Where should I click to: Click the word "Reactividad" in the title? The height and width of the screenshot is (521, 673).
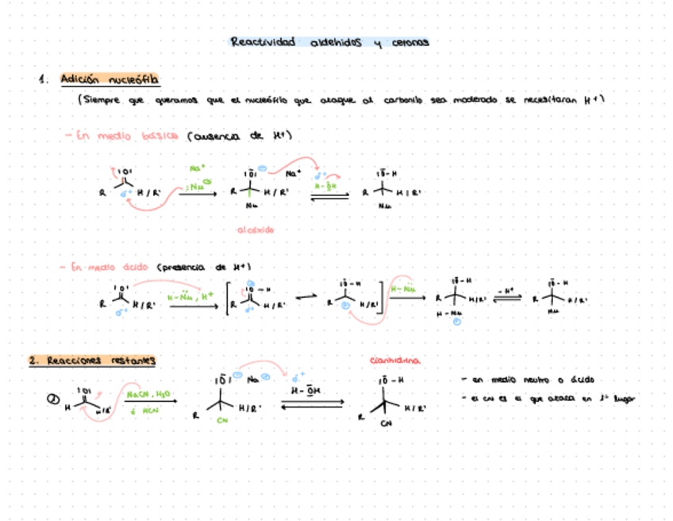click(x=262, y=42)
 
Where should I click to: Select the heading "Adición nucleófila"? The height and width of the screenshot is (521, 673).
click(x=110, y=79)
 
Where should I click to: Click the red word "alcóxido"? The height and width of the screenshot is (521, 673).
click(x=256, y=229)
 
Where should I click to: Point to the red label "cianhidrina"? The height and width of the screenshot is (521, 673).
click(x=395, y=361)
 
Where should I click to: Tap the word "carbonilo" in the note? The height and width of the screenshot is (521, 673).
click(x=406, y=100)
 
